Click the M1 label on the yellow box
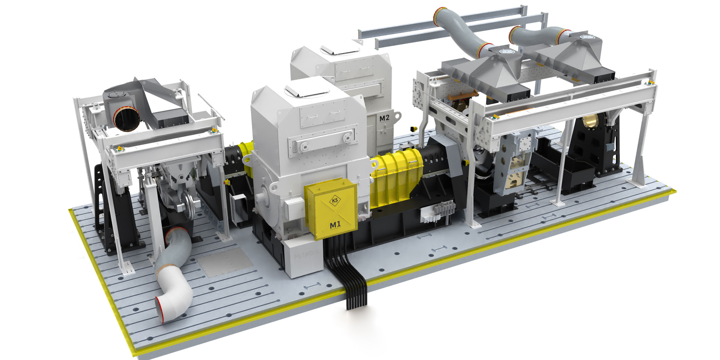point(335,225)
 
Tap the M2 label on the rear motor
point(384,118)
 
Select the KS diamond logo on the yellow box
point(335,201)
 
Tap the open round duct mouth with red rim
point(127,119)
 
